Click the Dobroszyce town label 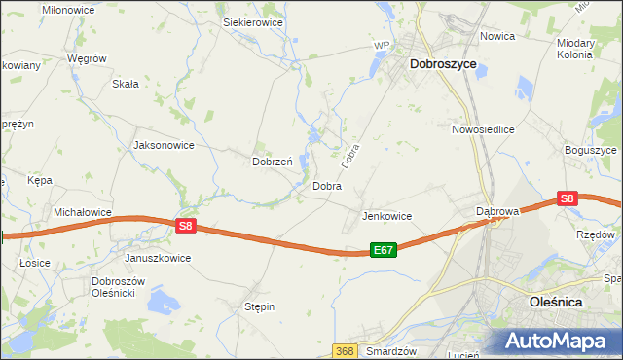(x=443, y=63)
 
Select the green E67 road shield (x=384, y=250)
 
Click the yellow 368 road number (x=345, y=350)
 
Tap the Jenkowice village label (x=387, y=216)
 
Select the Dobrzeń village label (x=273, y=162)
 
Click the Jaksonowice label (x=163, y=145)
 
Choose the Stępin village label (x=259, y=306)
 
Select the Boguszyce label (x=591, y=150)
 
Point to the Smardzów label (x=392, y=350)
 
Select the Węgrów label (x=86, y=58)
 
